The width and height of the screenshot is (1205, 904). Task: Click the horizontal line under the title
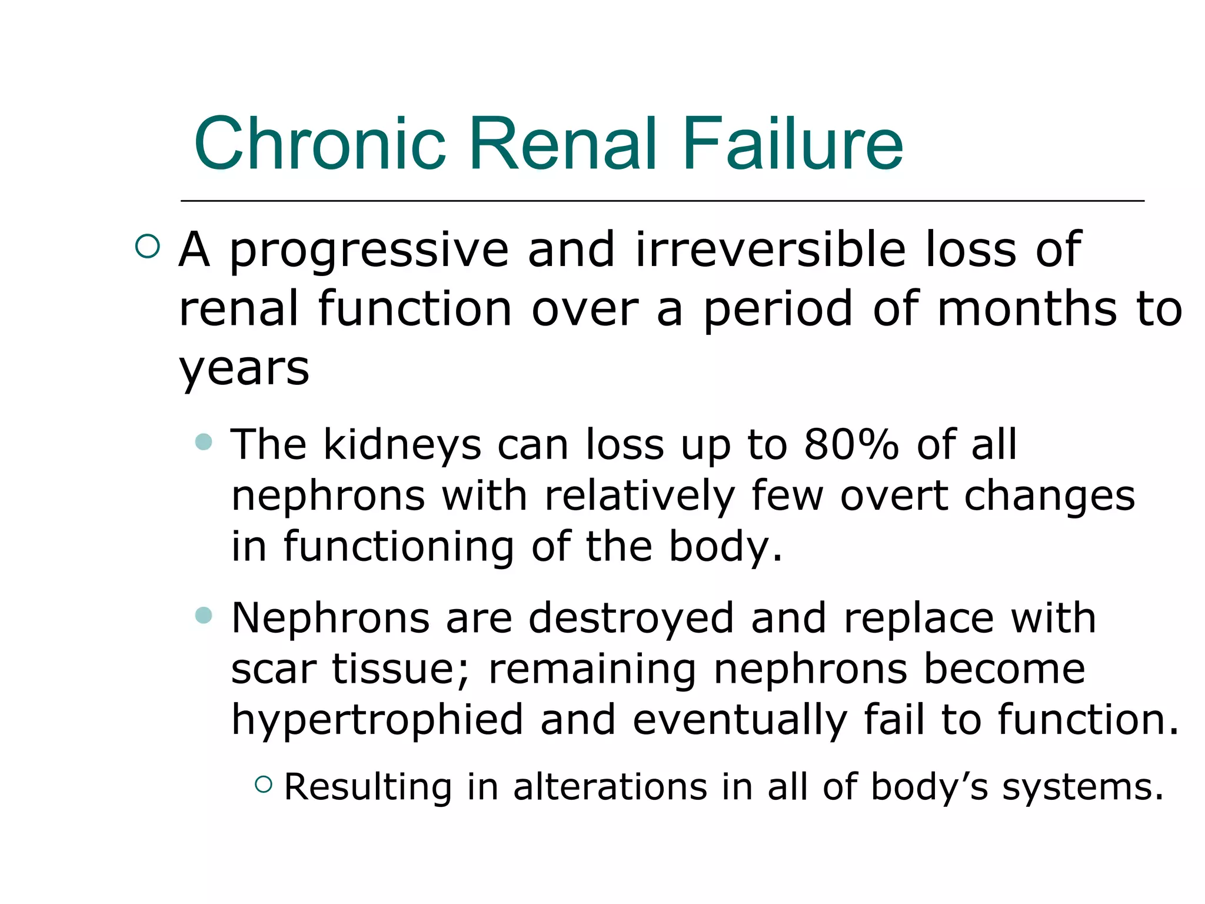(x=662, y=201)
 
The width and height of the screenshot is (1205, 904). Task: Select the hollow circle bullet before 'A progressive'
(x=147, y=247)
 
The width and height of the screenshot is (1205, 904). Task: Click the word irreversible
(x=770, y=250)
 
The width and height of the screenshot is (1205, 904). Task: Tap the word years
(x=244, y=370)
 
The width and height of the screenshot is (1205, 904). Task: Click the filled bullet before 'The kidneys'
(x=204, y=441)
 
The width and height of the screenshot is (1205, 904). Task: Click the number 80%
(x=851, y=444)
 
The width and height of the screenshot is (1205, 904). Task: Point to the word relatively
(x=640, y=496)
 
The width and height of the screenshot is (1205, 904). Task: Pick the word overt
(x=893, y=496)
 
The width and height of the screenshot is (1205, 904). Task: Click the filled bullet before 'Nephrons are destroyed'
(x=204, y=615)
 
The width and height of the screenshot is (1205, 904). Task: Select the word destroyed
(x=631, y=619)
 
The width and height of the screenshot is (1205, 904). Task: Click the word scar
(x=274, y=670)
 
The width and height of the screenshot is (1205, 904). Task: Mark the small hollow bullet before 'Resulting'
(x=264, y=784)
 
